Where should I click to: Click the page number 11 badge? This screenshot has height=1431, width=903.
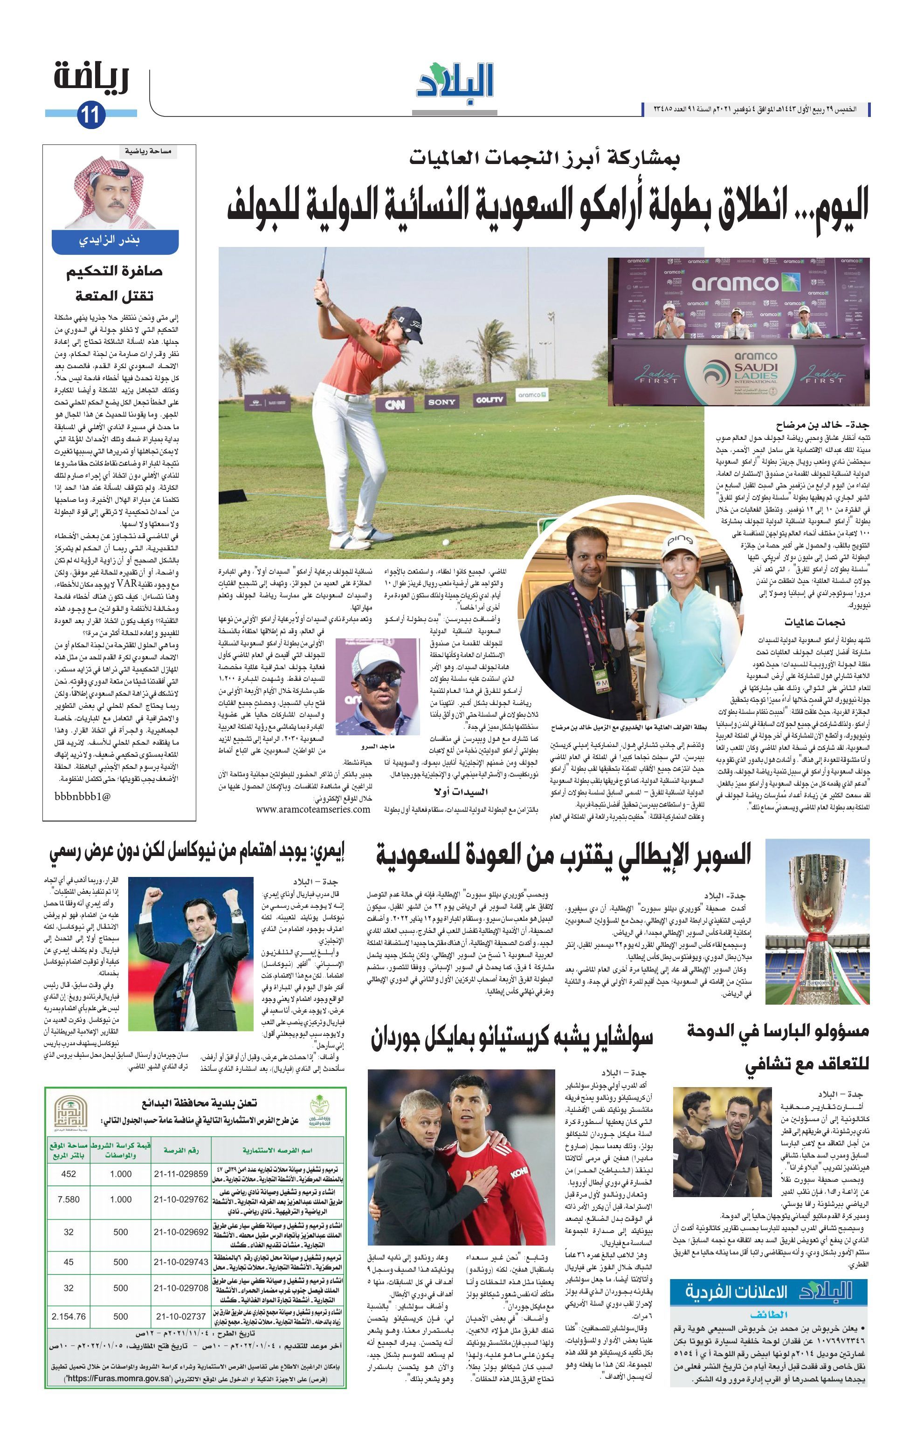tap(90, 114)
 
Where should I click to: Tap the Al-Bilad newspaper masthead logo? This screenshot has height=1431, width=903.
tap(455, 81)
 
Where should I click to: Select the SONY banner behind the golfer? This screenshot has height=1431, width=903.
tap(441, 402)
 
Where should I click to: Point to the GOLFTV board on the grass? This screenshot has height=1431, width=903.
tap(489, 400)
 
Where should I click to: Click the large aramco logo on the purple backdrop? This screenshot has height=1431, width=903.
tap(735, 283)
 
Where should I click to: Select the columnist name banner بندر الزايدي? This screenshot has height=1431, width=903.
tap(115, 241)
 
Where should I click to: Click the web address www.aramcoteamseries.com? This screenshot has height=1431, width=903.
tap(313, 809)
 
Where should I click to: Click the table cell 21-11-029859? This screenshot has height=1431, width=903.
tap(181, 1174)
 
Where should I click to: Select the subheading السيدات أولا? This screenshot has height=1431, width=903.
tap(462, 792)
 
